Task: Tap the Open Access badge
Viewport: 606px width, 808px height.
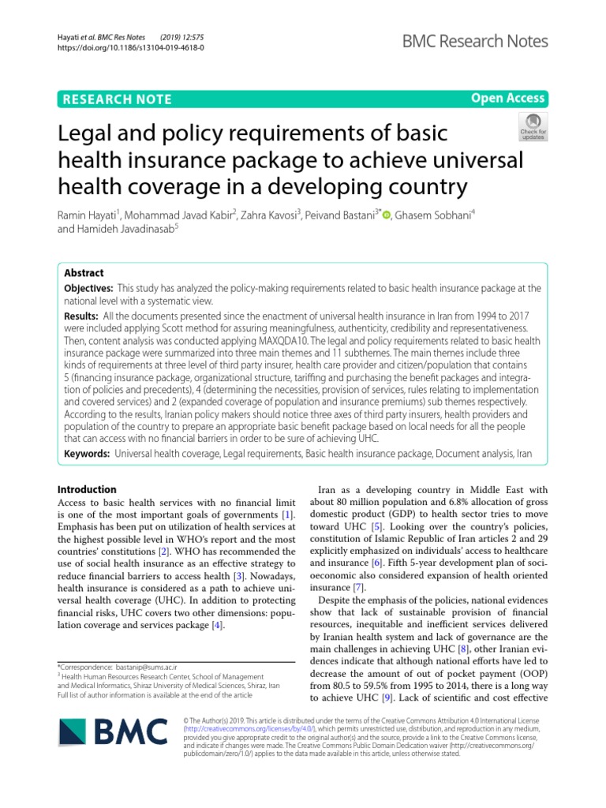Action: (507, 98)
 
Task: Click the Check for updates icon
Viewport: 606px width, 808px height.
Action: (532, 125)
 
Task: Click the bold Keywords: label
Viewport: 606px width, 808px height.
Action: (87, 454)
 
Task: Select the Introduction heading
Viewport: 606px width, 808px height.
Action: (88, 489)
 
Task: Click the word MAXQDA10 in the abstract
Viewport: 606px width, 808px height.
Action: (298, 340)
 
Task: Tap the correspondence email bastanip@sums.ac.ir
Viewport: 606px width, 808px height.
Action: (149, 668)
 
